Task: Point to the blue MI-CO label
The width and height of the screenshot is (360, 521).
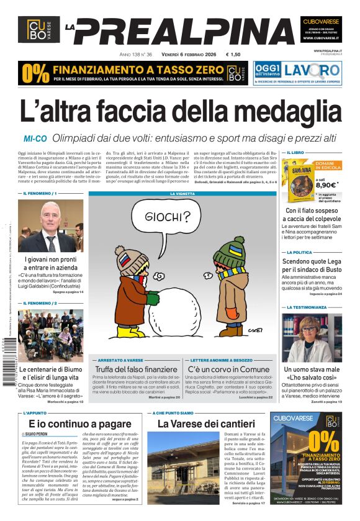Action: (36, 138)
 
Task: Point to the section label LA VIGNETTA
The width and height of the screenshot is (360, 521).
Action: (182, 194)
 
